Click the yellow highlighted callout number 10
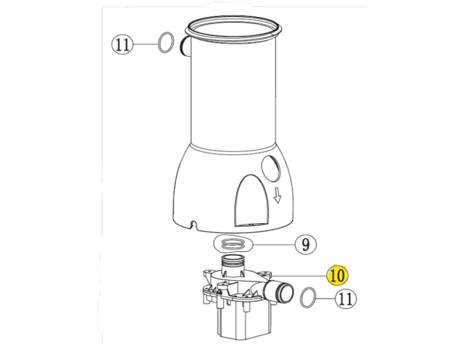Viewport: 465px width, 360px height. (337, 276)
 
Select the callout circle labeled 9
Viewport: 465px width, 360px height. (305, 245)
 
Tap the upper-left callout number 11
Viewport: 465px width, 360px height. (122, 45)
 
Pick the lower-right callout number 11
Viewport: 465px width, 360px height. (346, 299)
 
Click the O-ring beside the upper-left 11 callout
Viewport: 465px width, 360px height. (166, 43)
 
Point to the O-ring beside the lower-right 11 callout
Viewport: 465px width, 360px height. (307, 298)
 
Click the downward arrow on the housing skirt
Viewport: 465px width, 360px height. (277, 195)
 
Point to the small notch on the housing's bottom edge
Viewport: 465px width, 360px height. (192, 225)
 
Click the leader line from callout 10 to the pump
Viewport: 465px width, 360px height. (301, 275)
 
